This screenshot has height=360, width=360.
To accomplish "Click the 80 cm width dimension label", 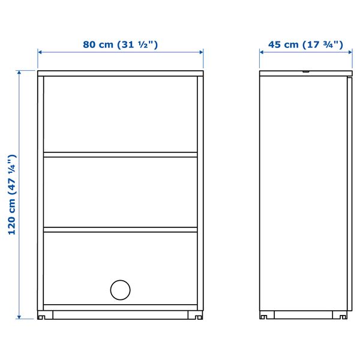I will point(121,44).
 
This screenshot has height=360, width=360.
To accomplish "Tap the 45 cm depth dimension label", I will point(305,44).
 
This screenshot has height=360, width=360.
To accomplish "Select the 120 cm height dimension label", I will point(12,194).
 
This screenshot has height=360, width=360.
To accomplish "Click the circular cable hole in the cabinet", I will point(120,290).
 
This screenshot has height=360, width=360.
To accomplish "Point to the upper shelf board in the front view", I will point(120,155).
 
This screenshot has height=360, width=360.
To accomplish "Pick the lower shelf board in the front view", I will point(120,229).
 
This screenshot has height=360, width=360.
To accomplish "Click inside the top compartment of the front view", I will point(120,114).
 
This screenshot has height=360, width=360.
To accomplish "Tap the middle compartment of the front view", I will point(120,192).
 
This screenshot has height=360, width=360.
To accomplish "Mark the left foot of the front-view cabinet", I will point(44,315).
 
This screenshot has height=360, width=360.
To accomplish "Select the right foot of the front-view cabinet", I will point(196,315).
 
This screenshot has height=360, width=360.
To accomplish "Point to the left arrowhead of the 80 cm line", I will point(40,52).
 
